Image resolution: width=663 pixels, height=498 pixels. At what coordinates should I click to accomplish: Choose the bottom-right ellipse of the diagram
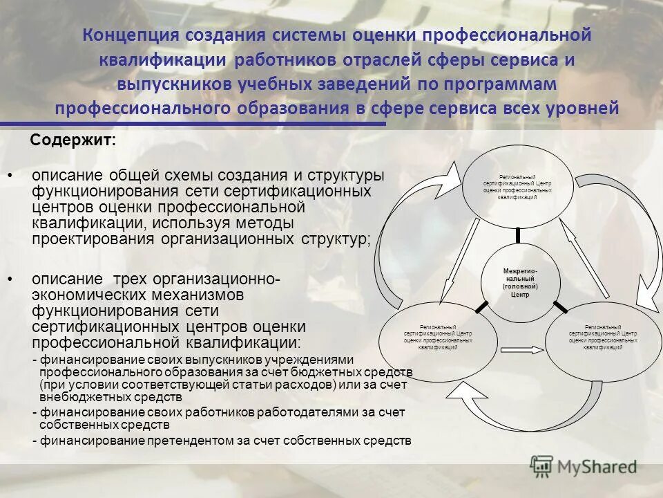coord(602,339)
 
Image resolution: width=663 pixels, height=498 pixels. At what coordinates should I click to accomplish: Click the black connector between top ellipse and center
coord(518,234)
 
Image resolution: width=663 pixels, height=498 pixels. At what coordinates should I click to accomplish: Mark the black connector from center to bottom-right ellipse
coord(559,306)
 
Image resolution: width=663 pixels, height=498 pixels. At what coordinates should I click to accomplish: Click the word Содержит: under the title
coord(74,140)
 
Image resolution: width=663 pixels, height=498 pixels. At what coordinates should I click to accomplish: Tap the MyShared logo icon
coord(542,465)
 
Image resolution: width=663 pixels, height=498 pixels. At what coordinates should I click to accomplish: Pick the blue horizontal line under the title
coord(193,124)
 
